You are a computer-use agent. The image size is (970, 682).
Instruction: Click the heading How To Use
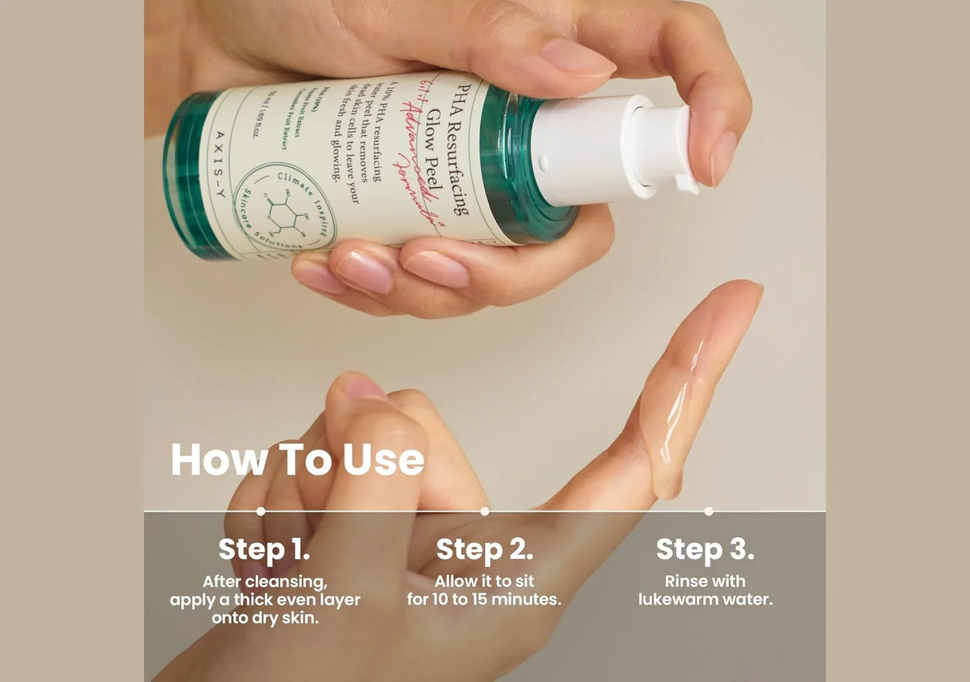click(297, 460)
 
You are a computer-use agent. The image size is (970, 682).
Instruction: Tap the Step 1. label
click(264, 550)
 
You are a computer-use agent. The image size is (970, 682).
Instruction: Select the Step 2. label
click(484, 550)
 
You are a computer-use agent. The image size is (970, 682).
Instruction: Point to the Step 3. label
click(705, 550)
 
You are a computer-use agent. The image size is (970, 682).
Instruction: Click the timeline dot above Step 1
click(260, 511)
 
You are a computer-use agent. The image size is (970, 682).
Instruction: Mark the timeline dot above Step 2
click(484, 511)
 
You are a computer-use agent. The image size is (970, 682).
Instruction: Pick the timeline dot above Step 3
click(708, 511)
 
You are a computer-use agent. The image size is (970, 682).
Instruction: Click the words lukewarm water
click(706, 600)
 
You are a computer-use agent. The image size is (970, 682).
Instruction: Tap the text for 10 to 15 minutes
click(484, 600)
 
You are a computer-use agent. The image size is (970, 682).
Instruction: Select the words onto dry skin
click(264, 618)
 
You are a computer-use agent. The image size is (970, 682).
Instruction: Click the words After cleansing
click(264, 581)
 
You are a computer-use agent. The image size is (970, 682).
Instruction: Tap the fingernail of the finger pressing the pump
click(723, 156)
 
